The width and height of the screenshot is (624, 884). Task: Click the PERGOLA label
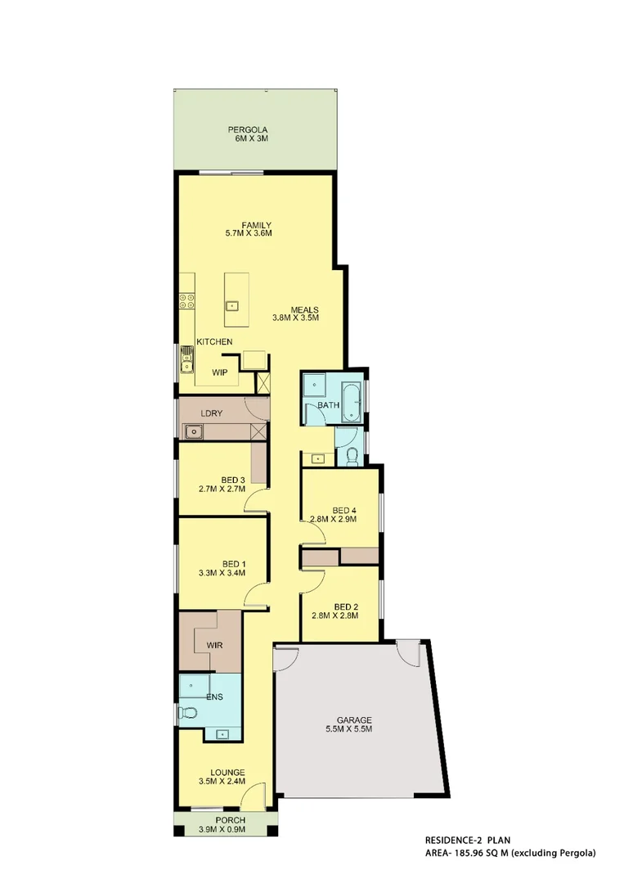(248, 130)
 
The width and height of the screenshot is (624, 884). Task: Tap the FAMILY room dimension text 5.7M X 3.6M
(248, 233)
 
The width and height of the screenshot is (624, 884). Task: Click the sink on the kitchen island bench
(232, 306)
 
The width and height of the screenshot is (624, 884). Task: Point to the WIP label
(219, 372)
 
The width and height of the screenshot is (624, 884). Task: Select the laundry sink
(194, 431)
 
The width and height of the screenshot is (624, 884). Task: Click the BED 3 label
(233, 480)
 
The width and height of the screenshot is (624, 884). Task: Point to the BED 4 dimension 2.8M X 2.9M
(333, 518)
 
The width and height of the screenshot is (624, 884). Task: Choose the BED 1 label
(234, 563)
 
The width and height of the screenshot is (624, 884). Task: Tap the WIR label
(215, 645)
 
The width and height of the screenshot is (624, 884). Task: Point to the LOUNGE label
(228, 771)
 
